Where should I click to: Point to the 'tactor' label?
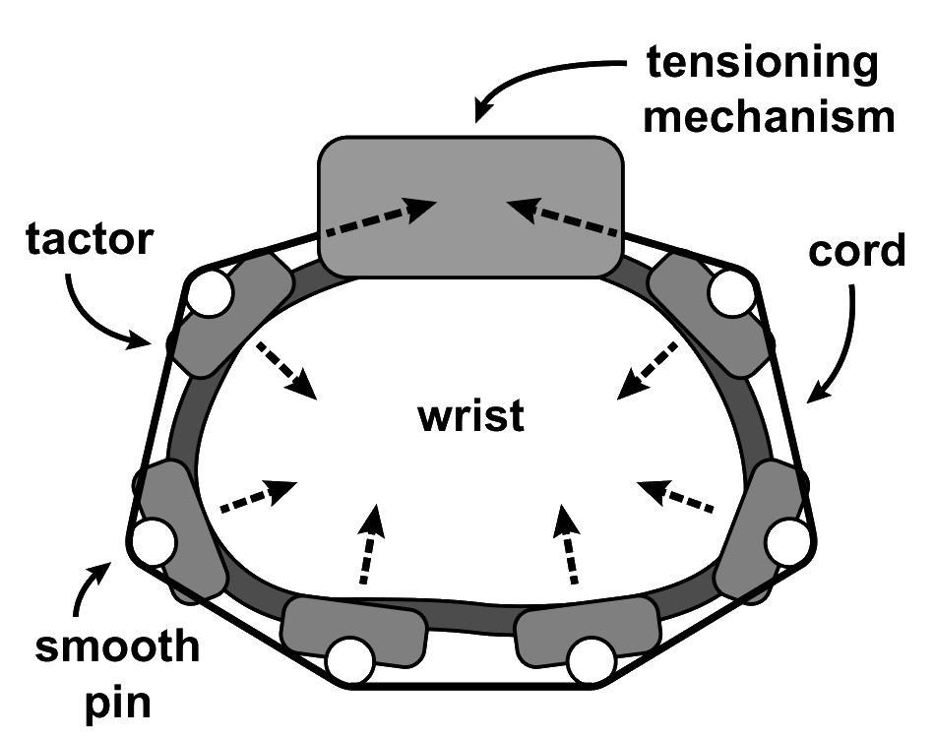pyautogui.click(x=92, y=240)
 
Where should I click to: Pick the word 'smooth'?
pyautogui.click(x=116, y=648)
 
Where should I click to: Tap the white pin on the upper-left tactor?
pyautogui.click(x=210, y=292)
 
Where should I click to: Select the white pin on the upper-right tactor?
pyautogui.click(x=730, y=293)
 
